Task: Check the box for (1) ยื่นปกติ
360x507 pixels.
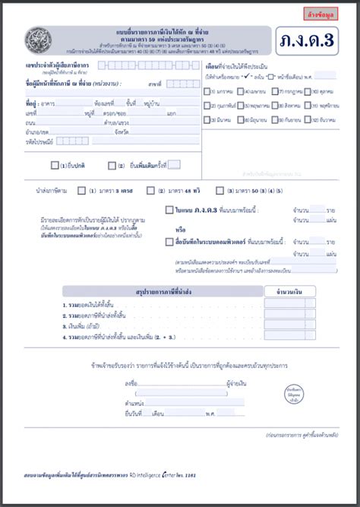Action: tap(55, 165)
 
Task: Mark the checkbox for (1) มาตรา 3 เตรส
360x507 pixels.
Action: tap(81, 191)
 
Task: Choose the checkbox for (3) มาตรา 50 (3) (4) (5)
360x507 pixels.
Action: tap(219, 191)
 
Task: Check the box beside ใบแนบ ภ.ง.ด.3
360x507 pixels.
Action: tap(169, 210)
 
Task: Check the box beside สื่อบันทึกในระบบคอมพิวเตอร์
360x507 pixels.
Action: tap(169, 242)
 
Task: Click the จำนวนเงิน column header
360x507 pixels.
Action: tap(289, 291)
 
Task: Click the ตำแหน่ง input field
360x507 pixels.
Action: tap(182, 402)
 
